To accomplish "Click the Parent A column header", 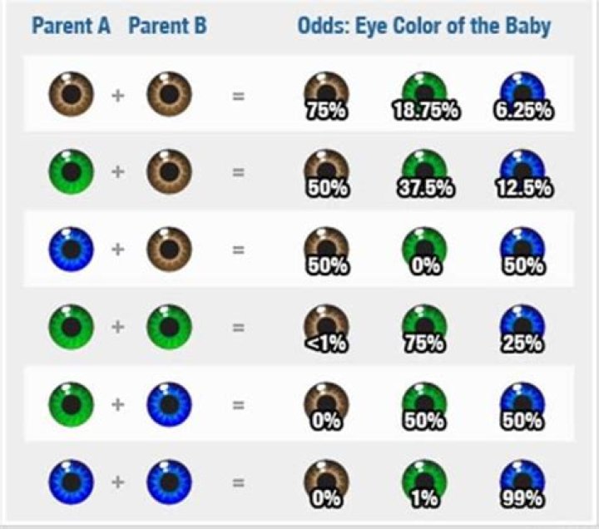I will coord(71,26).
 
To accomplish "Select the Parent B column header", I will coord(167,26).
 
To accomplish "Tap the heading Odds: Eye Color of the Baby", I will coord(423,26).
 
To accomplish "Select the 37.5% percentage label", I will coord(424,188).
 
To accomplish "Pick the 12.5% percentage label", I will coord(522,188).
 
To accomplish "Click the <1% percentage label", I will coord(326,342).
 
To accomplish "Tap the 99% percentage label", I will coord(522,498).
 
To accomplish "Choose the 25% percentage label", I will coord(522,342).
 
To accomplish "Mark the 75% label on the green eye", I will coord(424,342).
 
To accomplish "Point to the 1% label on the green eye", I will coord(424,498).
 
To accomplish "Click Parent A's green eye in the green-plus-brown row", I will coord(71,172).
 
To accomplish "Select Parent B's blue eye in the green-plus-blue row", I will coord(169,405).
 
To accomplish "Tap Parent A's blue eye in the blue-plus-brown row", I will coord(71,250).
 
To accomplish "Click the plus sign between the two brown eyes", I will coord(119,96).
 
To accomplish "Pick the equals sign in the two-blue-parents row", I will coord(239,482).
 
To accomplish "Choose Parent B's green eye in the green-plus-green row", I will coord(169,328).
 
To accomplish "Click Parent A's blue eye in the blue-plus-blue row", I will coord(71,482).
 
